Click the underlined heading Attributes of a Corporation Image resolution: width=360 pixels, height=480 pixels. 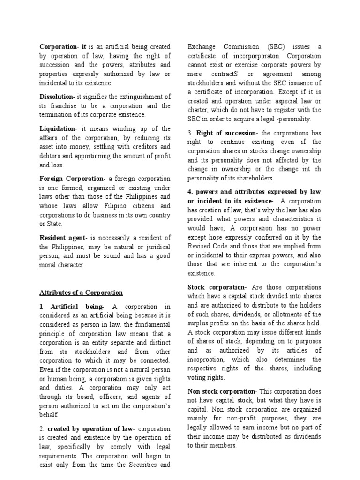pos(81,292)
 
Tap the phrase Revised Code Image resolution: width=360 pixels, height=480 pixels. pos(210,246)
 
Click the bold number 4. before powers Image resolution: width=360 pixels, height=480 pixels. pos(190,192)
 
